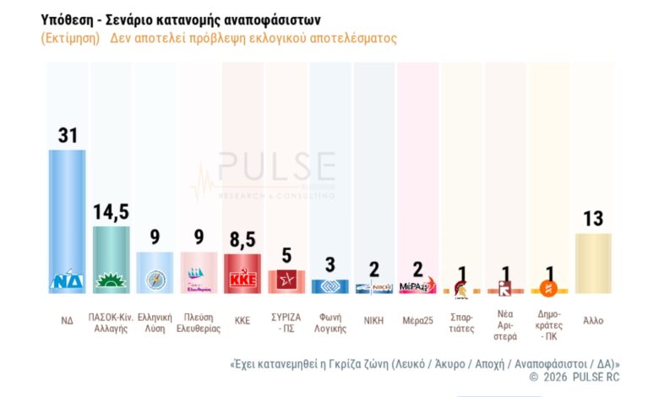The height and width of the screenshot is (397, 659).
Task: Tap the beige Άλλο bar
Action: pyautogui.click(x=593, y=263)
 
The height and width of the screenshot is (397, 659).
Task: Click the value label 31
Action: pyautogui.click(x=68, y=135)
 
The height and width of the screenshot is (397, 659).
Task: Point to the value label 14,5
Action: pyautogui.click(x=111, y=212)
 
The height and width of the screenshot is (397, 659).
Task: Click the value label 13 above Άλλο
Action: pyautogui.click(x=593, y=219)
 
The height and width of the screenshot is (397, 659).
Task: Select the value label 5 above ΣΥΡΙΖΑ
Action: pyautogui.click(x=286, y=255)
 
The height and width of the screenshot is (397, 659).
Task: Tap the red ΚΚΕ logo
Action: pyautogui.click(x=242, y=280)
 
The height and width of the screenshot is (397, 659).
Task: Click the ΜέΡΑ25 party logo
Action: pyautogui.click(x=417, y=286)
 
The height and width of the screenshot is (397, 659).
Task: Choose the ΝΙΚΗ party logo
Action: pyautogui.click(x=373, y=288)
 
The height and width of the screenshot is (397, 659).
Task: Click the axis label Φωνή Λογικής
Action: pyautogui.click(x=329, y=324)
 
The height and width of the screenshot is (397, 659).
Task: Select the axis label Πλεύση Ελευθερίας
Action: pyautogui.click(x=199, y=324)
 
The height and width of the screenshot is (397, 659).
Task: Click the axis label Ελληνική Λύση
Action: pyautogui.click(x=155, y=324)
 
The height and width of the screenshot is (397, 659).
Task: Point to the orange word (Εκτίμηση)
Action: pyautogui.click(x=69, y=39)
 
